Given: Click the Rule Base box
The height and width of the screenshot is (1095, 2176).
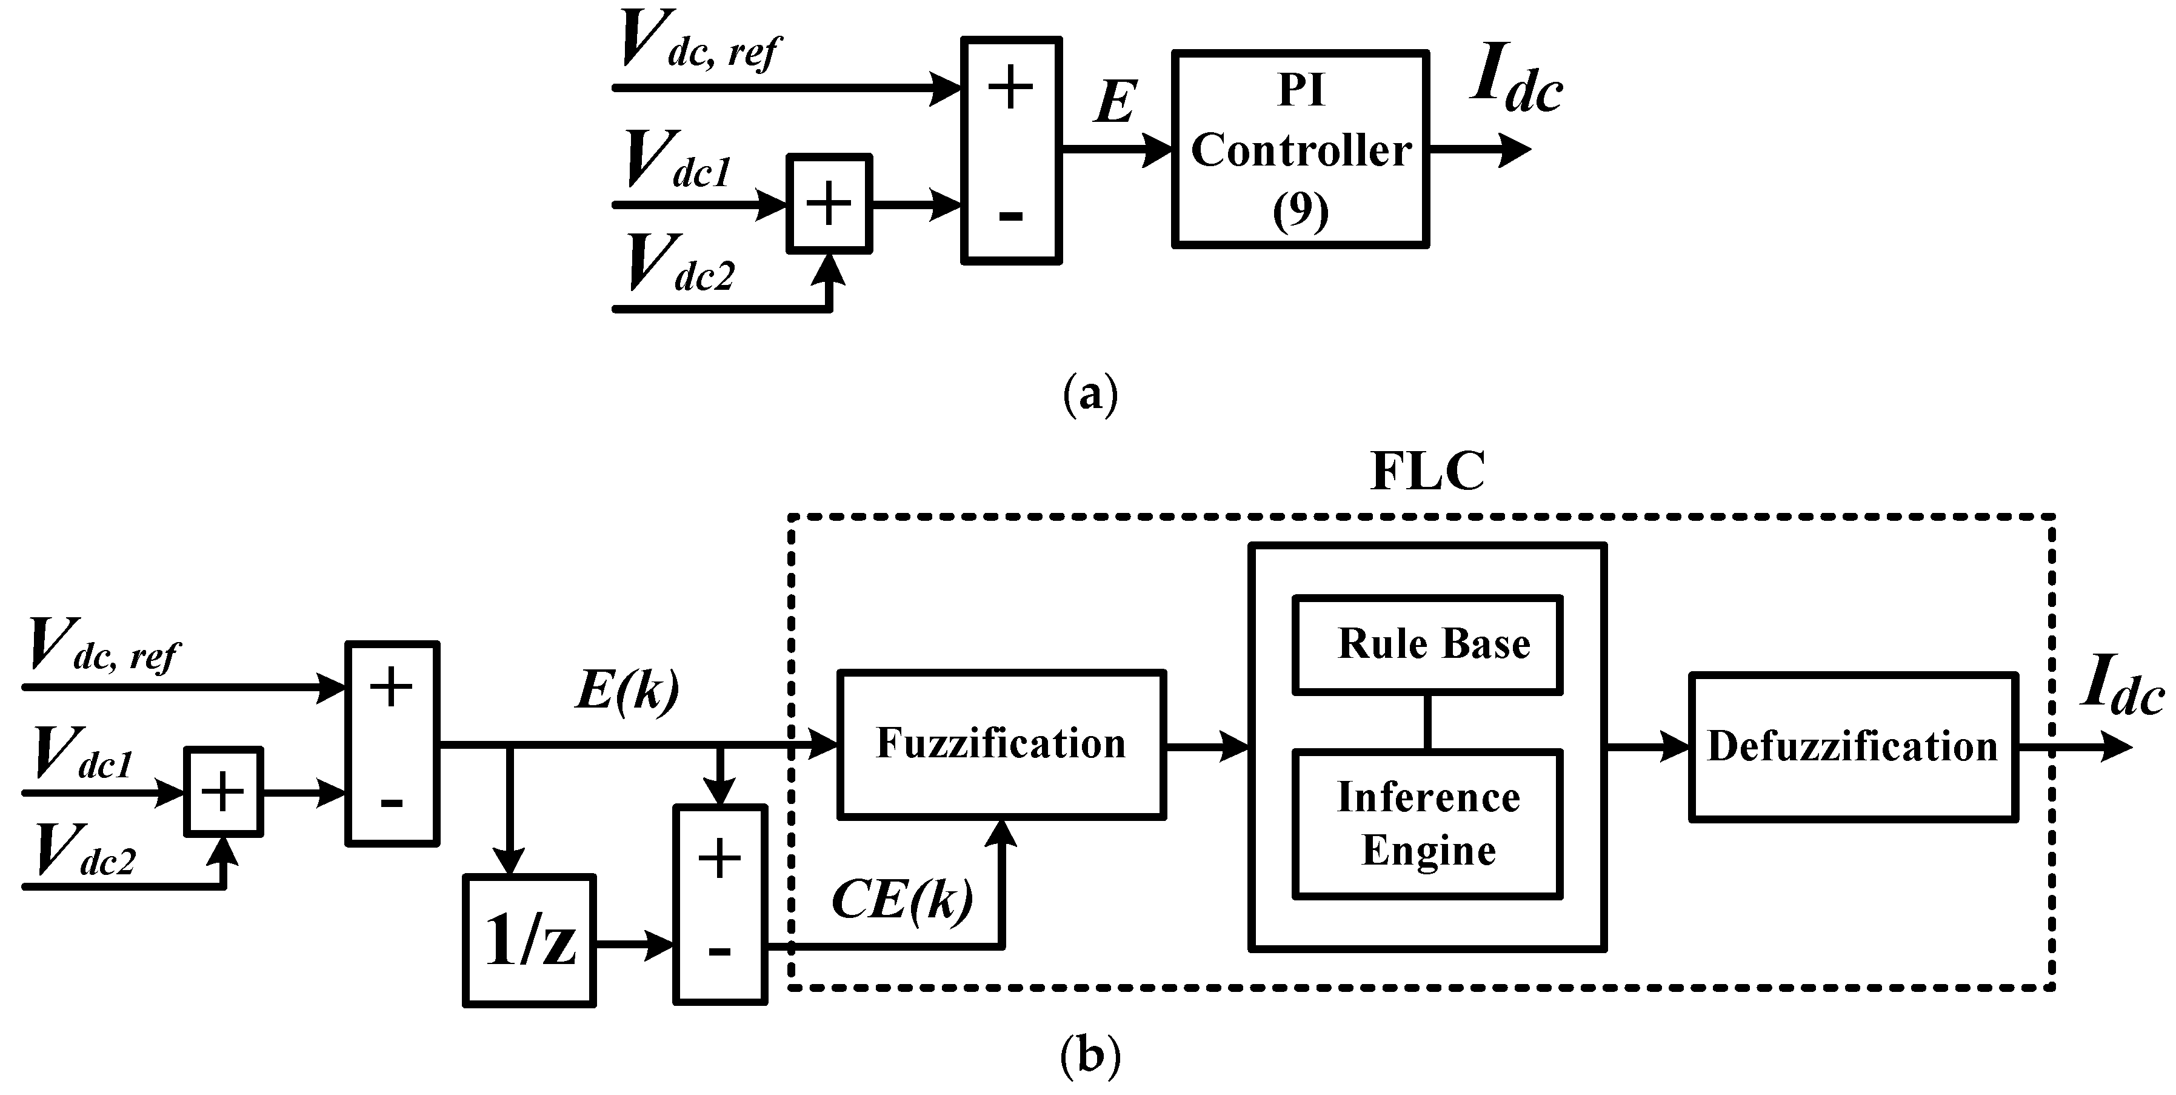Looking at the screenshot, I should [x=1427, y=645].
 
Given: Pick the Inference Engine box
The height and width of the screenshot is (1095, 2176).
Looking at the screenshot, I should [x=1427, y=824].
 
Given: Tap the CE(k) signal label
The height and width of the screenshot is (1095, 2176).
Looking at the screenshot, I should [x=902, y=899].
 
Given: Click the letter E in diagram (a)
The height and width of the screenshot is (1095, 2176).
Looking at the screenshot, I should [x=1115, y=103].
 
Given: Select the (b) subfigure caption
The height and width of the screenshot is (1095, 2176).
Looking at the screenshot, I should [x=1090, y=1054].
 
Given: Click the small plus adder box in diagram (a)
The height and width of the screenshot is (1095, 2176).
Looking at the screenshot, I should [x=829, y=204].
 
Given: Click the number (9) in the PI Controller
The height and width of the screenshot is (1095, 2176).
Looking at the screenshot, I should [x=1300, y=211].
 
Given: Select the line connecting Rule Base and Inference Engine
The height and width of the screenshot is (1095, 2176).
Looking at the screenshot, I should [x=1427, y=722].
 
